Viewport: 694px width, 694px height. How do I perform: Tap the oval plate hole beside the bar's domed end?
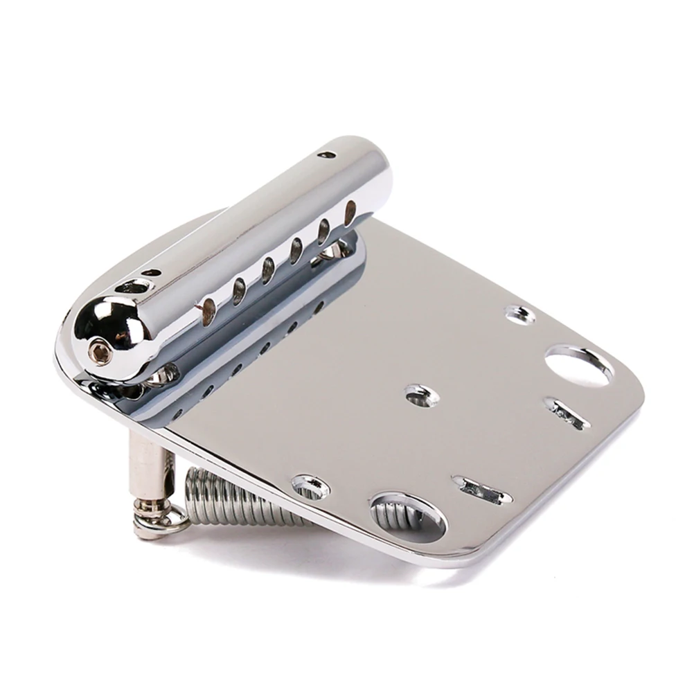(x=132, y=285)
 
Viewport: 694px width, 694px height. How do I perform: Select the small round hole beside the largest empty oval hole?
(x=521, y=315)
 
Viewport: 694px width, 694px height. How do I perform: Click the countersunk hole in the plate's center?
(x=421, y=395)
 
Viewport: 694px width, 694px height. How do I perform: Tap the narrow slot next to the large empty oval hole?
(x=567, y=413)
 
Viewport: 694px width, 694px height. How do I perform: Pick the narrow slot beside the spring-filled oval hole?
(x=482, y=490)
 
